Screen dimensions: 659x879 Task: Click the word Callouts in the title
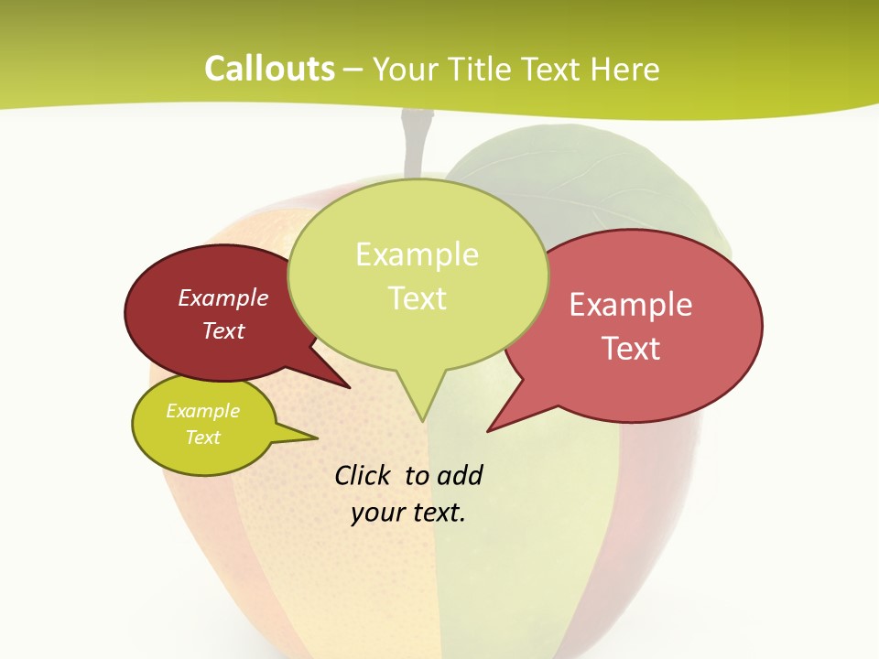tap(269, 69)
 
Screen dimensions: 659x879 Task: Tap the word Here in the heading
tap(624, 69)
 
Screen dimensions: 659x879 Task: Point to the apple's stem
tap(413, 142)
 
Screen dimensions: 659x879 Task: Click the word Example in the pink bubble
tap(631, 305)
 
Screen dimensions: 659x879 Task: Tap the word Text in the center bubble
tap(418, 298)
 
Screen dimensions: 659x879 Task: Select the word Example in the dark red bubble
tap(223, 297)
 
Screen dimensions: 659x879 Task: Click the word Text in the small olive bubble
tap(203, 438)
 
